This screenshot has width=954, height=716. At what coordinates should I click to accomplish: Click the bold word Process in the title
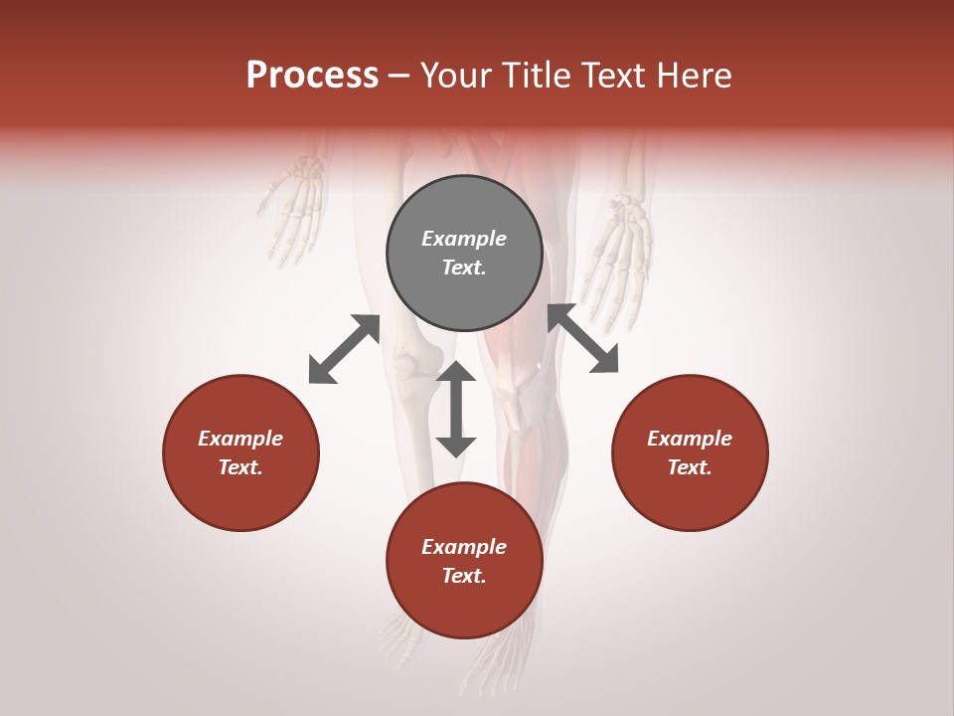[312, 76]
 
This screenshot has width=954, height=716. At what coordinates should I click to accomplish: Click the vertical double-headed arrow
[456, 409]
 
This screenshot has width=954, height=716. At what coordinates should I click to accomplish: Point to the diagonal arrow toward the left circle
[344, 349]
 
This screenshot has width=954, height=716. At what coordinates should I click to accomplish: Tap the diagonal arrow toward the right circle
[583, 339]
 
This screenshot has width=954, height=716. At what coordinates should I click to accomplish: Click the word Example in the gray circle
[464, 239]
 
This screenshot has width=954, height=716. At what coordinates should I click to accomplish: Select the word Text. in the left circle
[240, 467]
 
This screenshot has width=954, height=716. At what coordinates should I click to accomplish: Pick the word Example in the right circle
[690, 439]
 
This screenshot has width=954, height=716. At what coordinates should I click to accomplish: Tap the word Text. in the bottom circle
[464, 576]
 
